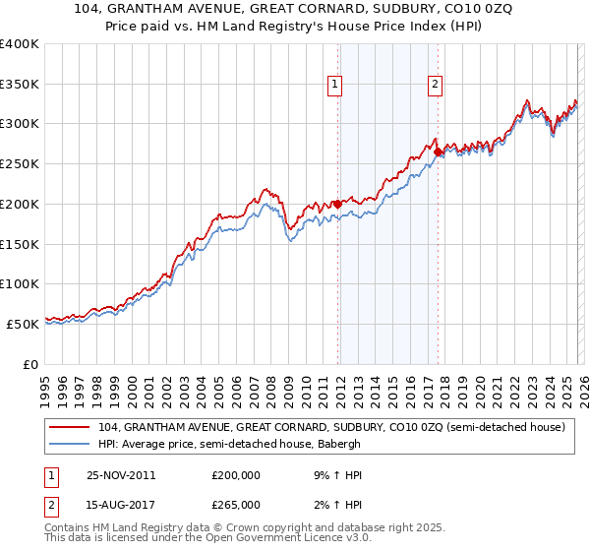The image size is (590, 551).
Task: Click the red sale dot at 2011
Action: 337,204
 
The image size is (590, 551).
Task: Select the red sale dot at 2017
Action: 438,152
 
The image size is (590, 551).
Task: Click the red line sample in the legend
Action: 70,428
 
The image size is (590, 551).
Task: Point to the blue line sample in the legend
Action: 70,445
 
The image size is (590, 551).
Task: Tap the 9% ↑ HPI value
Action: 335,475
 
